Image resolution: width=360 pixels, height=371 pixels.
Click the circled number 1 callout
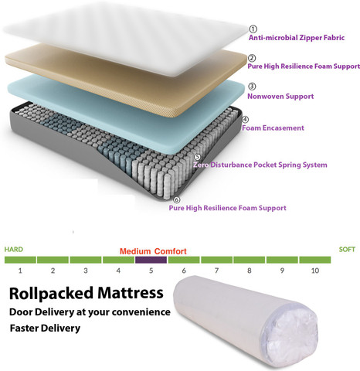[x=253, y=29]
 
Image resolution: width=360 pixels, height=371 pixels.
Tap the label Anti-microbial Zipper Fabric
[x=297, y=38]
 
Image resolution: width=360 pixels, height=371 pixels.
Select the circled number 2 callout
[x=252, y=58]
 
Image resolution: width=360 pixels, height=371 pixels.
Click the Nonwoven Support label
[x=280, y=97]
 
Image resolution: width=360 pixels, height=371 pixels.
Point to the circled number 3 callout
[x=252, y=87]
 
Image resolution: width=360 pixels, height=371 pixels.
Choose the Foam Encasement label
[x=273, y=128]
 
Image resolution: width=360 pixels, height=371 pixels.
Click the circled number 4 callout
[x=245, y=120]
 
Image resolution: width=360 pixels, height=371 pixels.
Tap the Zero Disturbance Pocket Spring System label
[x=260, y=165]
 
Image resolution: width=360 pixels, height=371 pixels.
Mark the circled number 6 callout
[x=176, y=199]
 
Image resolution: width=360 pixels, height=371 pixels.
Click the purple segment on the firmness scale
[x=151, y=260]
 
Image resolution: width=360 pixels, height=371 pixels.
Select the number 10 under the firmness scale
[x=315, y=271]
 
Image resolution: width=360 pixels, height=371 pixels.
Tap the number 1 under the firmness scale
[x=20, y=271]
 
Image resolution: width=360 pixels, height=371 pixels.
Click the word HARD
[x=14, y=250]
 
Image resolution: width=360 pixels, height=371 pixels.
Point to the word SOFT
[x=347, y=250]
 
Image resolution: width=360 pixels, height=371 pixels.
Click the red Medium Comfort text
[x=153, y=251]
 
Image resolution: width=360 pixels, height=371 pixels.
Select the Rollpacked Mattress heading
[x=87, y=293]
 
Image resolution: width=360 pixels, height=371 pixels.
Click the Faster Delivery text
[x=45, y=328]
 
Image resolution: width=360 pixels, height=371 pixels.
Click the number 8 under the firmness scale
[x=250, y=271]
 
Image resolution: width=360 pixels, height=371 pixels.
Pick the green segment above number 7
[x=217, y=260]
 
